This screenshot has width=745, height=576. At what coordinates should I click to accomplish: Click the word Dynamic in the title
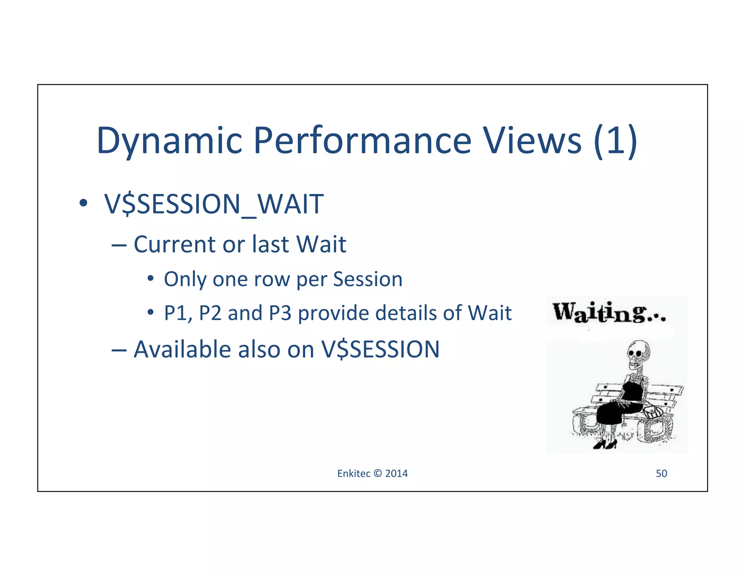[x=169, y=141]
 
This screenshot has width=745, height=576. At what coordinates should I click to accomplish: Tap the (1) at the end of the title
[x=615, y=141]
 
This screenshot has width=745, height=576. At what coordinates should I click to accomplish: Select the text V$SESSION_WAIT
[x=214, y=204]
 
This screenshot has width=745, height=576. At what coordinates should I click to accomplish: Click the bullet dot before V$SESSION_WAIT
[x=83, y=204]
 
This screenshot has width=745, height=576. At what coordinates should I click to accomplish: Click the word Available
[x=182, y=350]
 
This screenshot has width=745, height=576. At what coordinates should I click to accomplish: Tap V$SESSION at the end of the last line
[x=380, y=350]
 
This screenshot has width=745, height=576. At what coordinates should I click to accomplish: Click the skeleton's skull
[x=638, y=351]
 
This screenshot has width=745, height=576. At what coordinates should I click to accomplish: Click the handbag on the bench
[x=653, y=412]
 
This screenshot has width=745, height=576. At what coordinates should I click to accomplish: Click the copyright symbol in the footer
[x=378, y=473]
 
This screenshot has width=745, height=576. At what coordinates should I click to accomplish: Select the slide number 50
[x=661, y=473]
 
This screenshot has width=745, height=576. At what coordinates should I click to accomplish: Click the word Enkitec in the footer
[x=354, y=473]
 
